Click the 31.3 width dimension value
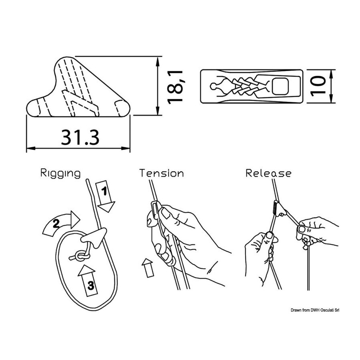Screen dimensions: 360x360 tap(80, 138)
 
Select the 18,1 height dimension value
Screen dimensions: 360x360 tap(175, 88)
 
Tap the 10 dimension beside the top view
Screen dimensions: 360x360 tap(318, 86)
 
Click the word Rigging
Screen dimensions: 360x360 tap(61, 173)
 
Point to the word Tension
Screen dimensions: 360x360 tap(162, 173)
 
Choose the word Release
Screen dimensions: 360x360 tap(268, 173)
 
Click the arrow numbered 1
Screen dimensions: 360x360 tap(105, 196)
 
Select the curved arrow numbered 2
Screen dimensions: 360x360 tap(61, 222)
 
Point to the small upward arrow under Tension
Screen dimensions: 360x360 tap(148, 268)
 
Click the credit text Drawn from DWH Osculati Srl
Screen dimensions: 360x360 tap(315, 310)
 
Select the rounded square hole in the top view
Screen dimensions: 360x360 tap(280, 86)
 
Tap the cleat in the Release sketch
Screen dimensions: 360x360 tap(280, 208)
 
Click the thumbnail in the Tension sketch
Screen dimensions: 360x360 tap(165, 213)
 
